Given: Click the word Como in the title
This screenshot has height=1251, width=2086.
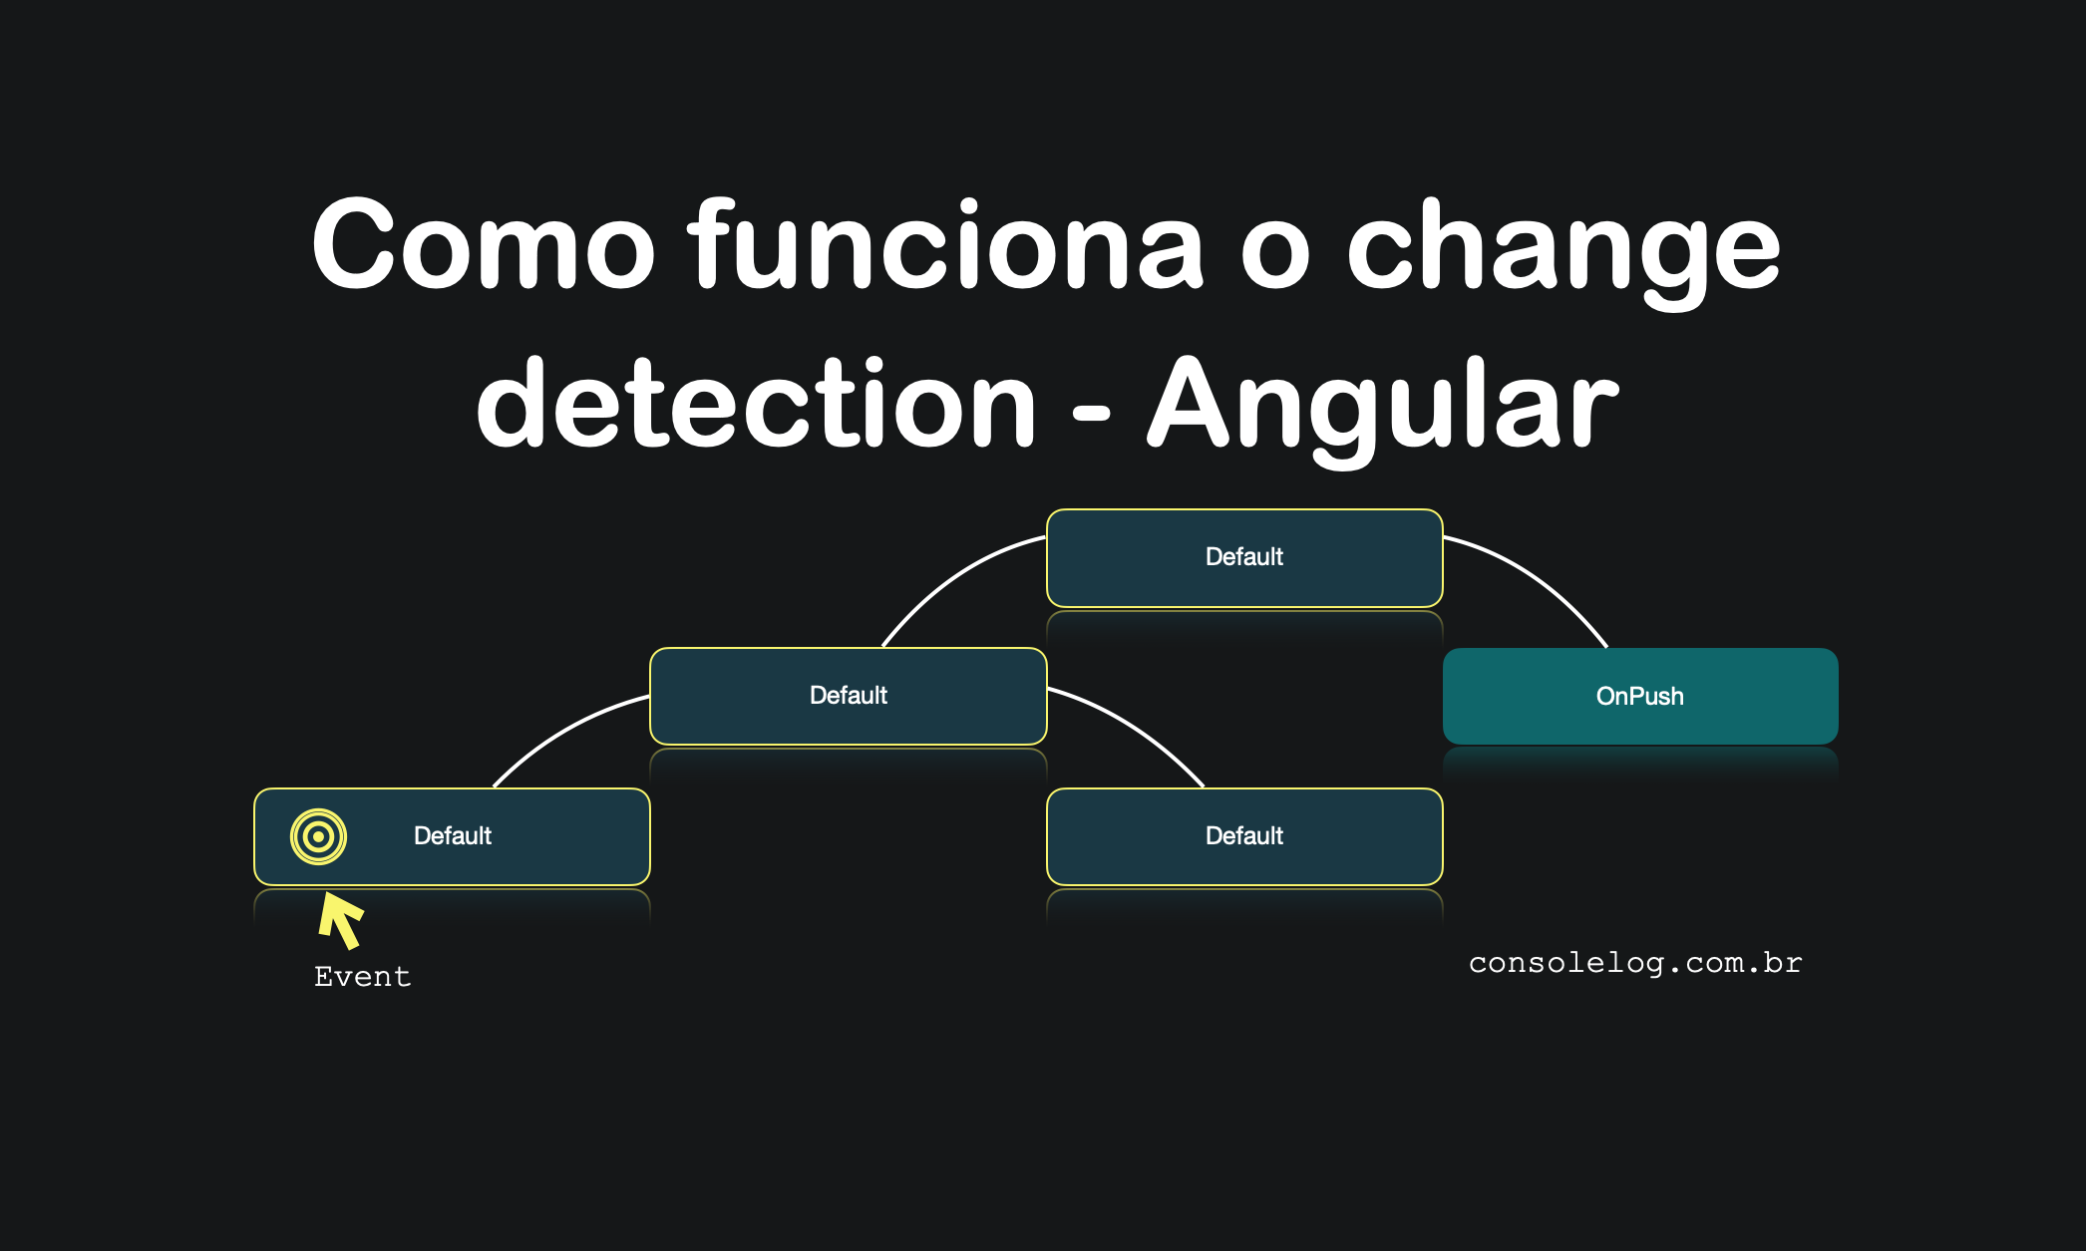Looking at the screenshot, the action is click(484, 243).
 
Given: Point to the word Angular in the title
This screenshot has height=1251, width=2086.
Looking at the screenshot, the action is click(1383, 409).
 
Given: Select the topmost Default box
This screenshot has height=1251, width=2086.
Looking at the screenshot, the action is click(1244, 558).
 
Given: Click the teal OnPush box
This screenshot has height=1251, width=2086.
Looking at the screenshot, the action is click(1640, 696).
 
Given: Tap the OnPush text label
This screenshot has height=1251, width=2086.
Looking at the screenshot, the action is click(1640, 696).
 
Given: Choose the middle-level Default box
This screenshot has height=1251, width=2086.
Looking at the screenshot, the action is click(849, 696).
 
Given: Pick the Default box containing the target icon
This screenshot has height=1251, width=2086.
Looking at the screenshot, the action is click(453, 836).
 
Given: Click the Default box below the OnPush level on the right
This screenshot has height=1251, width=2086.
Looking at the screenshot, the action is click(1244, 836).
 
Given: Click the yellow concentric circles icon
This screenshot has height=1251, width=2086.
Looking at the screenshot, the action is click(318, 836).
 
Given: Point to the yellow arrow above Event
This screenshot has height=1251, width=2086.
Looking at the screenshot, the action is click(341, 919).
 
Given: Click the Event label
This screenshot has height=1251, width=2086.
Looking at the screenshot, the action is click(363, 976).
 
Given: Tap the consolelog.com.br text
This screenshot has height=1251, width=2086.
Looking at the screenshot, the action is click(1635, 963).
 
